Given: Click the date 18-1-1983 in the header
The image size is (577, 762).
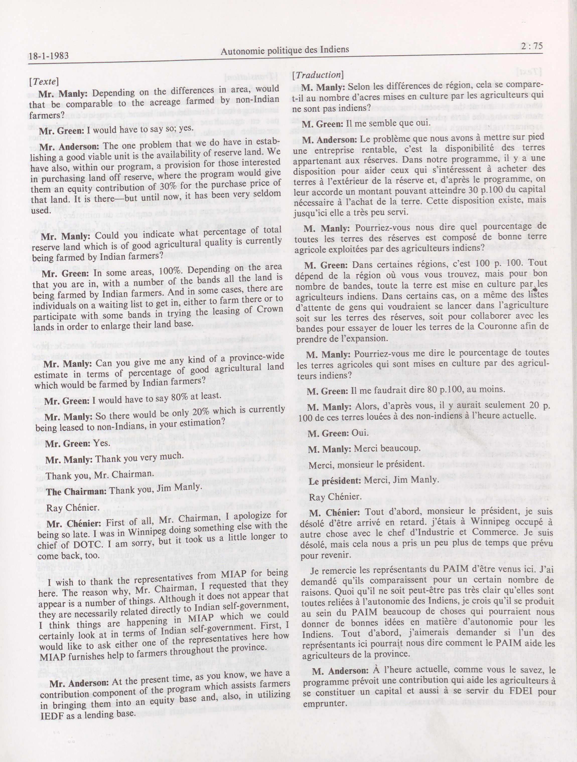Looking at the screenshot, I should (x=49, y=56).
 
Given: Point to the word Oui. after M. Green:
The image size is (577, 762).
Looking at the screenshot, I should (x=359, y=433).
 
